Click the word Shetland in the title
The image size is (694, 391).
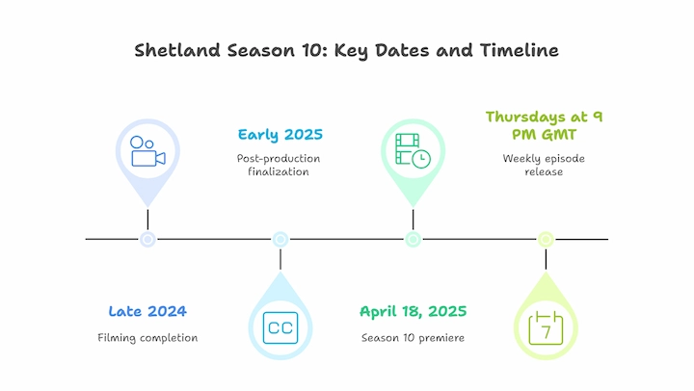177,50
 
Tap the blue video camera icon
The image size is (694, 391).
147,151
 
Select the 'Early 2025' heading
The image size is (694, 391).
280,135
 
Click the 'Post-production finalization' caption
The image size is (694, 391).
279,165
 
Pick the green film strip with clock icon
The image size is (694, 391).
413,151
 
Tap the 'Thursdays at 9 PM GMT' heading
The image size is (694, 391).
544,125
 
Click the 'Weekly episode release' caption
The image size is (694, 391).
544,165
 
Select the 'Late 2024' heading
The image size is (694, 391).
147,311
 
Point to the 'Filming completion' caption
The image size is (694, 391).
147,338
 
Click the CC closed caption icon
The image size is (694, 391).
280,327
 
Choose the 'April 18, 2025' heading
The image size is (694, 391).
413,312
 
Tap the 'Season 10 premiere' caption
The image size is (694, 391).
413,338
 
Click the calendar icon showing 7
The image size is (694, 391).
546,327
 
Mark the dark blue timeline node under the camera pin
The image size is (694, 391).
147,239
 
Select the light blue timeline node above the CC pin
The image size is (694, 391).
280,239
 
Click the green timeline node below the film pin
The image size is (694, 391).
413,239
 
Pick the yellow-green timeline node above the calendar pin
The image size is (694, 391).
546,239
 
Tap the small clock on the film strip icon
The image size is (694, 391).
421,159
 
